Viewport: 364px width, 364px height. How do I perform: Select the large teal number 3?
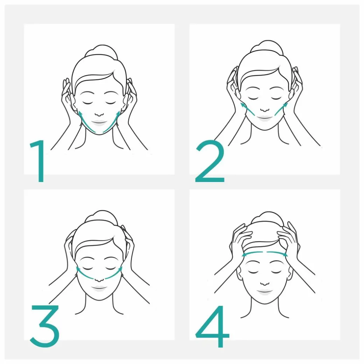(x=44, y=326)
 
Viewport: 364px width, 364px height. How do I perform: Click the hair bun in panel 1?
(x=101, y=51)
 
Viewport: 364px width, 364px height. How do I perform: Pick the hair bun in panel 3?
(x=101, y=217)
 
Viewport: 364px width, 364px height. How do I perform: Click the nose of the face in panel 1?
(x=99, y=114)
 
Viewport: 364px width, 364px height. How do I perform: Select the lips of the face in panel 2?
(x=265, y=118)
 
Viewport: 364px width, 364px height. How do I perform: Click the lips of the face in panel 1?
(x=99, y=123)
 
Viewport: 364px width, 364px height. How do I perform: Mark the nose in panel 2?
(x=265, y=109)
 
